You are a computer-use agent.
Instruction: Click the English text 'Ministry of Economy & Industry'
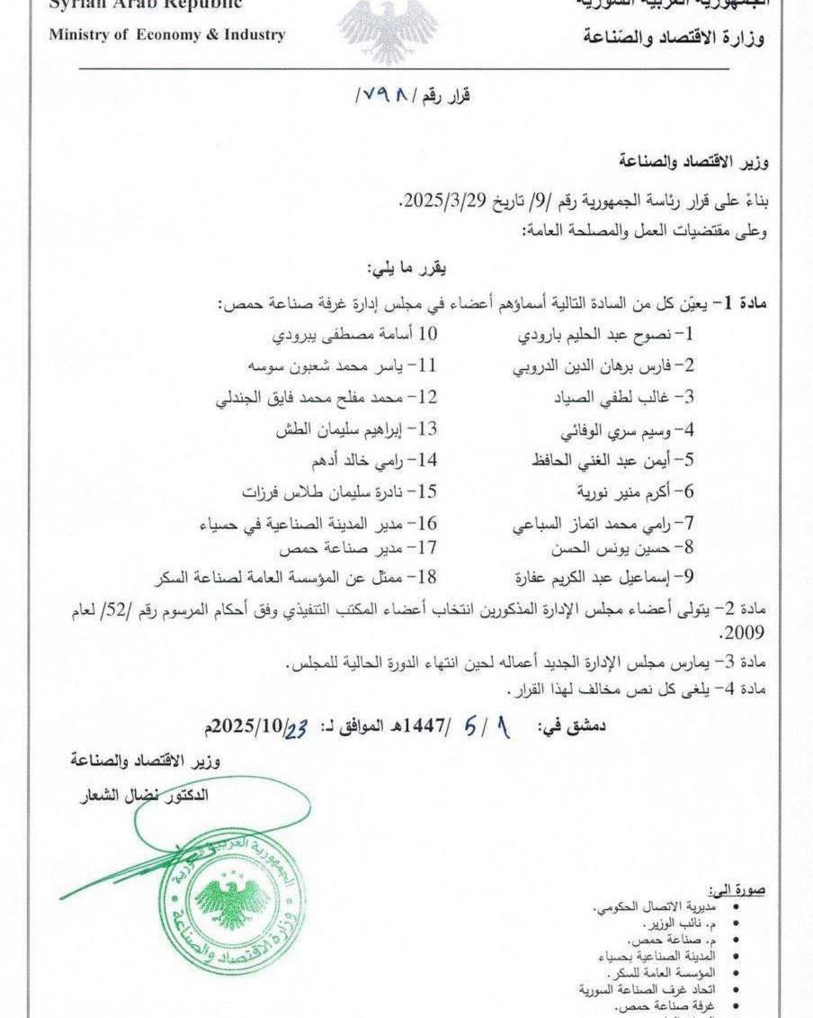click(x=166, y=35)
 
